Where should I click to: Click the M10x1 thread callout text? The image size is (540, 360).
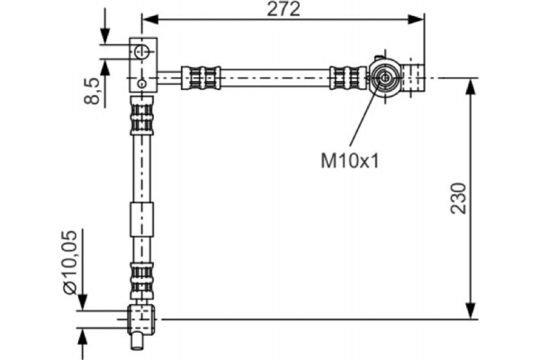[x=351, y=161]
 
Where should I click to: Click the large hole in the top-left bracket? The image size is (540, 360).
[x=142, y=51]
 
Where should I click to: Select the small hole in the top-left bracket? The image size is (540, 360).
[x=142, y=85]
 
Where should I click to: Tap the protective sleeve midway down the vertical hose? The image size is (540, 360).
[x=141, y=219]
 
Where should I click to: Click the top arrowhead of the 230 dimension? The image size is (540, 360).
[x=471, y=85]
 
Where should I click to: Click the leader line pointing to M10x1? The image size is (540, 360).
[x=365, y=117]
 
